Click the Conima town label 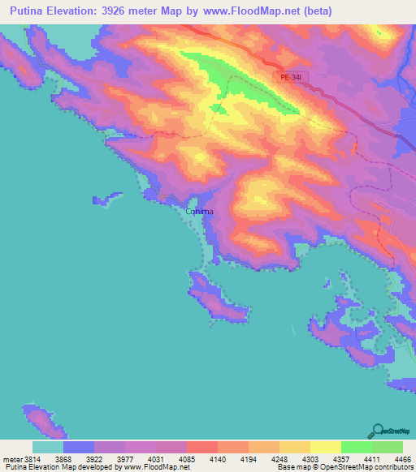(x=200, y=212)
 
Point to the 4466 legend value (x=403, y=458)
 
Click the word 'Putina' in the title (x=24, y=12)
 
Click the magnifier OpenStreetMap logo (x=379, y=431)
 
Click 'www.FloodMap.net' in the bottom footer (x=154, y=467)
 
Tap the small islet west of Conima (x=106, y=197)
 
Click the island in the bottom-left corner (x=40, y=419)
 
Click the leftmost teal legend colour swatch (x=48, y=447)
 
